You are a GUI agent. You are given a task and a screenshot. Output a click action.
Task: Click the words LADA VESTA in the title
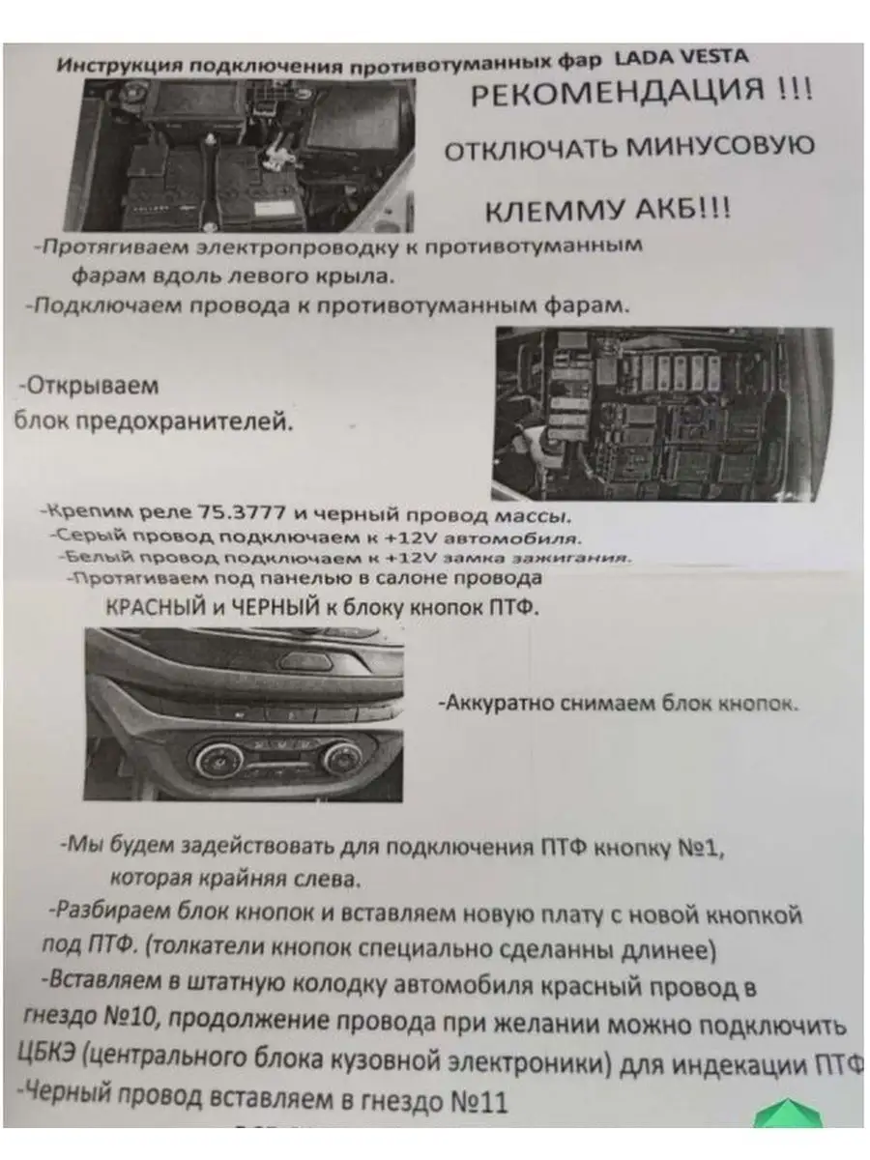(681, 57)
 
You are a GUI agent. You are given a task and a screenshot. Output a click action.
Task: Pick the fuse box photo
(661, 413)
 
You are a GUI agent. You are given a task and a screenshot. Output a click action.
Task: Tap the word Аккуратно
(493, 703)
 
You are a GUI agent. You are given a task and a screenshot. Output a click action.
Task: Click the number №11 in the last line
(479, 1101)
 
